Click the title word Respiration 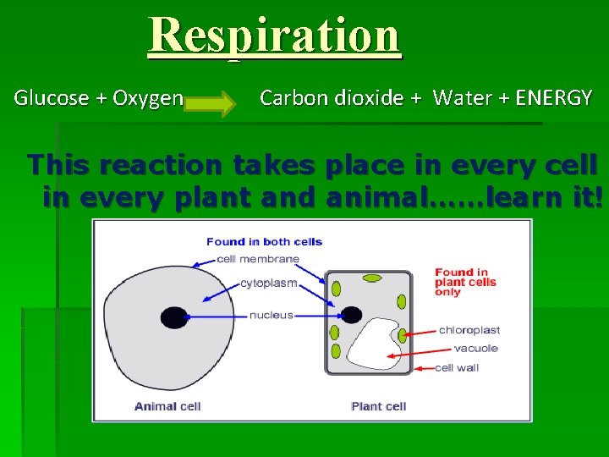coord(274,35)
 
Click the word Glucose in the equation coord(52,98)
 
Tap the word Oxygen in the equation coord(148,98)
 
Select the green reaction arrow coord(212,104)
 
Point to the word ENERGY coord(553,98)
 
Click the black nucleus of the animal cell coord(173,317)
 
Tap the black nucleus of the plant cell coord(349,316)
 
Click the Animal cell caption coord(167,406)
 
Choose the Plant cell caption coord(378,406)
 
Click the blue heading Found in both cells coord(264,242)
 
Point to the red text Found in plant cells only coord(461,282)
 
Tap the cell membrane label coord(258,259)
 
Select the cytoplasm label coord(268,284)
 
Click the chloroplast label coord(469,330)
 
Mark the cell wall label coord(457,368)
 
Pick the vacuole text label coord(475,349)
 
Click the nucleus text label coord(271,315)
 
